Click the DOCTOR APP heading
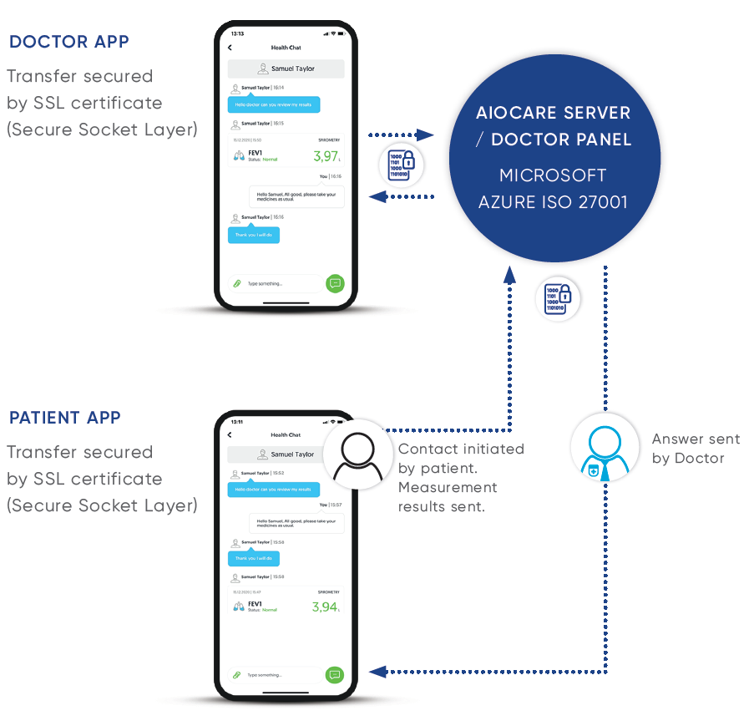[x=68, y=42]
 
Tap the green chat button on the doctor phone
[x=335, y=283]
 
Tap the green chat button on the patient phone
[x=335, y=674]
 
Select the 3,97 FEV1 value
[x=325, y=156]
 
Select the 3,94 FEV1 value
[x=324, y=607]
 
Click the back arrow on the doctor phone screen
[x=230, y=48]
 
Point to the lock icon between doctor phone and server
[x=402, y=165]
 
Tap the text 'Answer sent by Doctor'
[x=688, y=449]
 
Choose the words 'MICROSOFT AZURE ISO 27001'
[x=553, y=189]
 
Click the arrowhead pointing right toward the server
[x=427, y=135]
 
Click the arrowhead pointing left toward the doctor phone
[x=377, y=197]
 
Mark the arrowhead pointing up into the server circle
[x=509, y=273]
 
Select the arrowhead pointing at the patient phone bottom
[x=377, y=671]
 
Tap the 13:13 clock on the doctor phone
[x=238, y=33]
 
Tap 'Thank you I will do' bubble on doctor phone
[x=254, y=235]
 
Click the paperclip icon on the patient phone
[x=237, y=674]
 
